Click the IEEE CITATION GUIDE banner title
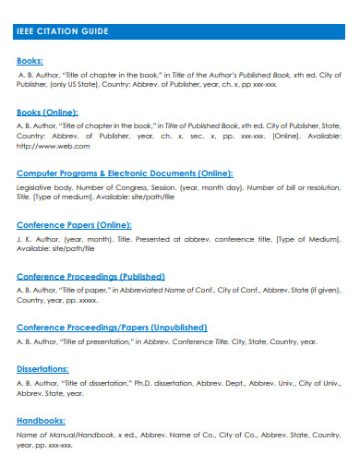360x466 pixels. click(63, 31)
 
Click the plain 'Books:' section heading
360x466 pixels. click(30, 61)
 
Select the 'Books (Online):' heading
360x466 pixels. click(48, 112)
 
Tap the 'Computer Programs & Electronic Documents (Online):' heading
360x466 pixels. click(125, 173)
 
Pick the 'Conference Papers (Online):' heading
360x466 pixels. click(75, 224)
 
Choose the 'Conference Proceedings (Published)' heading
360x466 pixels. click(90, 276)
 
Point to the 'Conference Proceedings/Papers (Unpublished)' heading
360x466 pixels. click(110, 327)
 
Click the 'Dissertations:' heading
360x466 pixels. click(43, 367)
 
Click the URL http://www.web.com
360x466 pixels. click(54, 146)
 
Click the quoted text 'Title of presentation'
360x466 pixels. click(97, 341)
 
